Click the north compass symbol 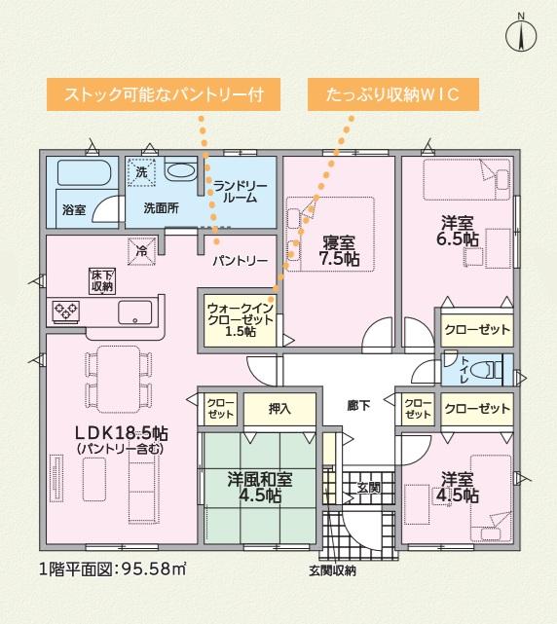coord(521,33)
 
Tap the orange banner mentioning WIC coord(393,94)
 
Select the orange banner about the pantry coord(164,94)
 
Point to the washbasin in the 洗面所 coord(181,171)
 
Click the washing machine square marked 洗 coord(141,172)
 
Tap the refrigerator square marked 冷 coord(142,251)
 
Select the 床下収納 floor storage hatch coord(102,280)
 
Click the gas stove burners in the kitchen coord(66,312)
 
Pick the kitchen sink coord(135,312)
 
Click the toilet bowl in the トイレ coord(486,370)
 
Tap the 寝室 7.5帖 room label coord(339,251)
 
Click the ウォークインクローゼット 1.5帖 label coord(241,319)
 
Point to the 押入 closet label coord(279,409)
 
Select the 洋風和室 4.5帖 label coord(260,487)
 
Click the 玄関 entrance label coord(369,488)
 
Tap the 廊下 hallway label coord(358,406)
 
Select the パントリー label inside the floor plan coord(241,261)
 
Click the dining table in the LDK coord(118,379)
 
